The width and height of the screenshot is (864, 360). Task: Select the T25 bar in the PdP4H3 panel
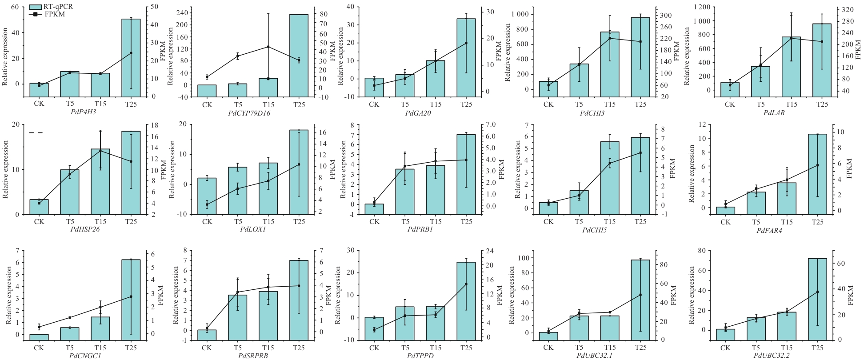pyautogui.click(x=131, y=58)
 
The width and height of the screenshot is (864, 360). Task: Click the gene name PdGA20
pyautogui.click(x=417, y=113)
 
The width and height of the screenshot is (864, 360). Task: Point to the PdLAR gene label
pyautogui.click(x=774, y=113)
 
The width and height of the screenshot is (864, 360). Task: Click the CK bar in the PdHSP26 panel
pyautogui.click(x=39, y=207)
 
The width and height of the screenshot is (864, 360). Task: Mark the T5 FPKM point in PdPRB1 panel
pyautogui.click(x=405, y=166)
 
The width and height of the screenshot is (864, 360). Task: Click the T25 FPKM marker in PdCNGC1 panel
pyautogui.click(x=131, y=296)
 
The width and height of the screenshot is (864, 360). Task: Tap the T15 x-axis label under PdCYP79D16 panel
pyautogui.click(x=268, y=105)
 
